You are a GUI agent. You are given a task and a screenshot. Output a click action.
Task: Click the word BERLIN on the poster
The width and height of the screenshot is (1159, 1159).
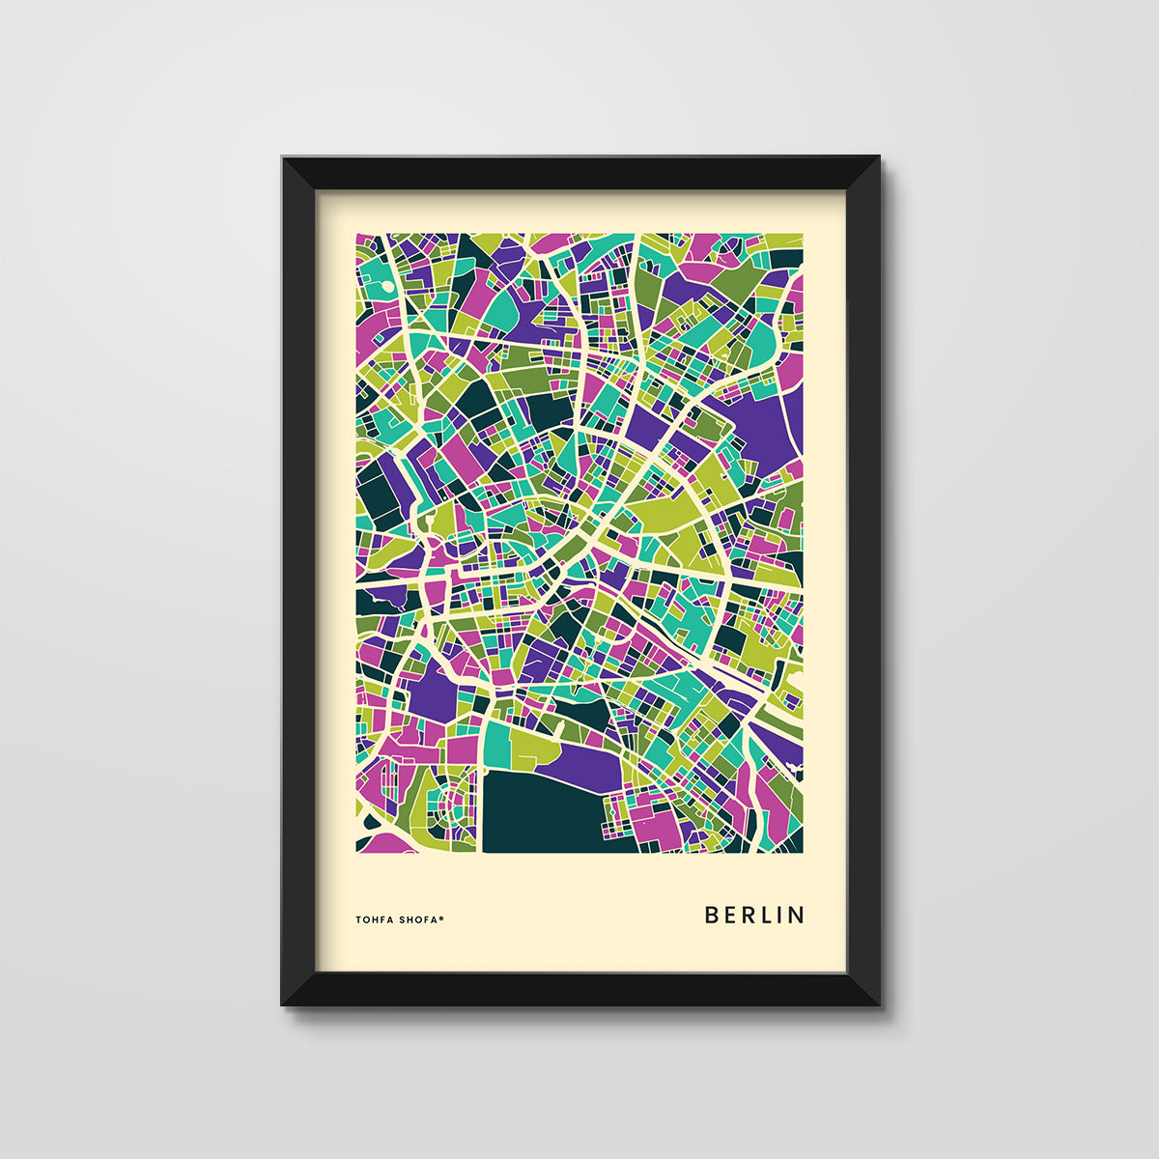[754, 915]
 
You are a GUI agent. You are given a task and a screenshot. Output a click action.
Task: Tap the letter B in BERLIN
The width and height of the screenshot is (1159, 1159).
[712, 915]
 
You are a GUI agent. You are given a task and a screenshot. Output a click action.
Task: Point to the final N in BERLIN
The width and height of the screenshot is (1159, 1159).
[797, 915]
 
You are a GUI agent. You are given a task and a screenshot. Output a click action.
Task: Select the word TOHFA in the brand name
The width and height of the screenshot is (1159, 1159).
[375, 919]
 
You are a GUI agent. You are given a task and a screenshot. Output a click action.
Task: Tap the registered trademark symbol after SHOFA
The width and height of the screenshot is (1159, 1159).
[441, 918]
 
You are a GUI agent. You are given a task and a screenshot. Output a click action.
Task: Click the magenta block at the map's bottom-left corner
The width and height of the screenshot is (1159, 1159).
[384, 842]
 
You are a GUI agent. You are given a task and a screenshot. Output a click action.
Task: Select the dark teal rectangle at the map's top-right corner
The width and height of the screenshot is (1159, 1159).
[785, 258]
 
